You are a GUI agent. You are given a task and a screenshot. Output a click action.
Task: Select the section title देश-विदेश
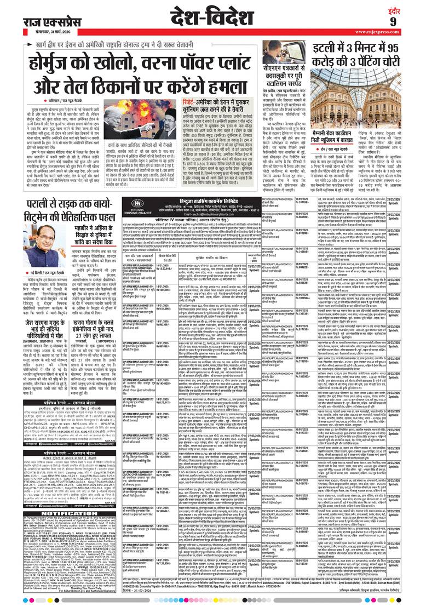tap(214, 18)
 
